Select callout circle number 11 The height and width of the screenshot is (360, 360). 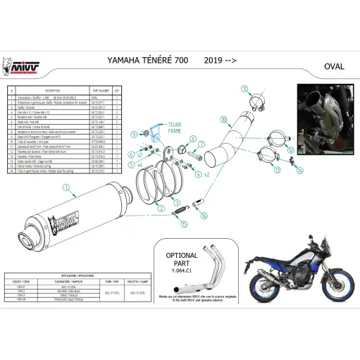(x=245, y=89)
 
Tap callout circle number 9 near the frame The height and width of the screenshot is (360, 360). (x=152, y=134)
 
